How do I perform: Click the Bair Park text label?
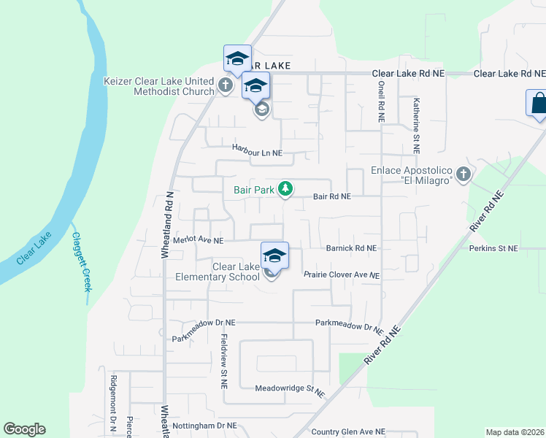coord(253,190)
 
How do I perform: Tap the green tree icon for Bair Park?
coord(285,190)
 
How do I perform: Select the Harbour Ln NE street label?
coord(257,147)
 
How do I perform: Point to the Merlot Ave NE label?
coord(198,240)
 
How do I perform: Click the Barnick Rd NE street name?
coord(351,248)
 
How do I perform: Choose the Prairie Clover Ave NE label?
coord(342,275)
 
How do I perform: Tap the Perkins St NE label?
coord(493,249)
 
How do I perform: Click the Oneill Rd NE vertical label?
coord(381,101)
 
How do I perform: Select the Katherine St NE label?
coord(415,125)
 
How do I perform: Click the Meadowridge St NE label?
coord(289,391)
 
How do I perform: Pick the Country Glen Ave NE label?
coord(347,431)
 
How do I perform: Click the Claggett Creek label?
coord(81,261)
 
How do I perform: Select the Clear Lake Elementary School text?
coord(236,272)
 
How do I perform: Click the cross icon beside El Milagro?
coord(463,174)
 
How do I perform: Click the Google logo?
coord(24,429)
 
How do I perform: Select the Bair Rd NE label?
coord(332,196)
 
